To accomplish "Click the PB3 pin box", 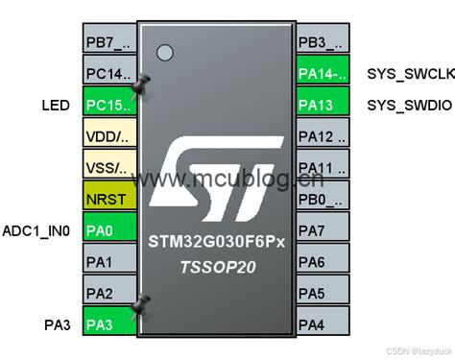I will (322, 43).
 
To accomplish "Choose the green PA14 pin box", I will (322, 74).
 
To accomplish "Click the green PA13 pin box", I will (322, 105).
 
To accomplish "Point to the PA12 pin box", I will (322, 136).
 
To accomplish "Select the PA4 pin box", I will (322, 325).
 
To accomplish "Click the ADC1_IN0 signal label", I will (36, 230).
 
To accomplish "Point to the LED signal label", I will (56, 105).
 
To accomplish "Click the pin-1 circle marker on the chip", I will (165, 52).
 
